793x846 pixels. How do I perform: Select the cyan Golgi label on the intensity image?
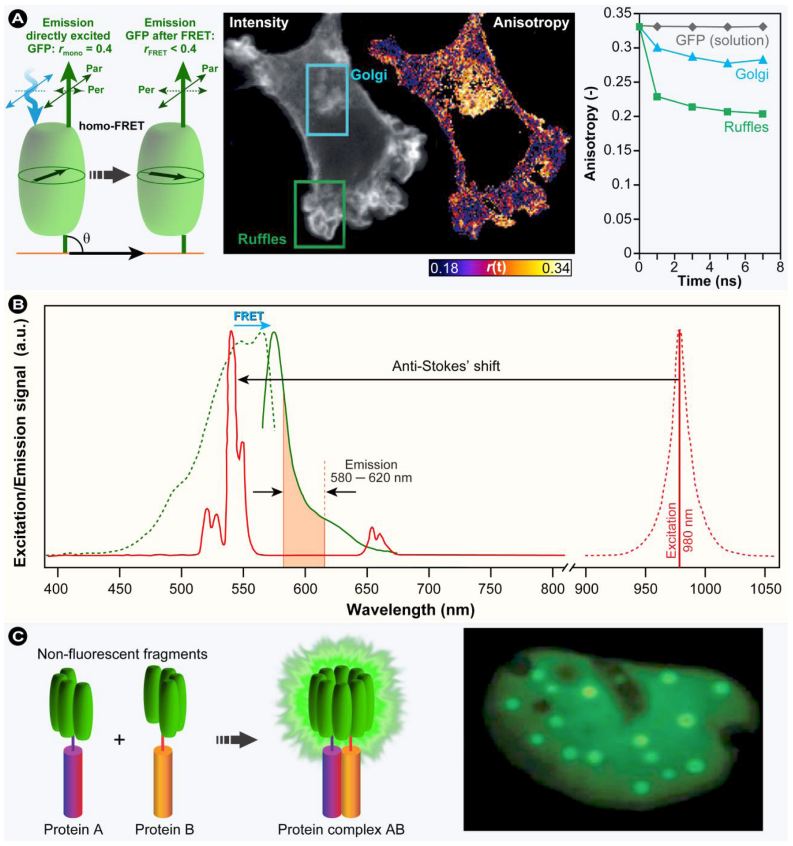coord(369,75)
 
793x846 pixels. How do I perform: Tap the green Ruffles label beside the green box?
coord(262,239)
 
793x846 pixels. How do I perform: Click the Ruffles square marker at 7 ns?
coord(762,113)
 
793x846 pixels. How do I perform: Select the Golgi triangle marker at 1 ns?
coord(657,48)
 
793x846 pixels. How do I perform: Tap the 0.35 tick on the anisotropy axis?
coord(618,14)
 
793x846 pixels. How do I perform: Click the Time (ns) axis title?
coord(709,281)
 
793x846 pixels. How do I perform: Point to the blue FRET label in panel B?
coord(249,316)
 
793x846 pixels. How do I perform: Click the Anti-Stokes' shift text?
coord(446,366)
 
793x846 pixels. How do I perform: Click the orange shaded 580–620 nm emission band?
coord(304,528)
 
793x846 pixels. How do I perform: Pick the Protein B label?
coord(165,829)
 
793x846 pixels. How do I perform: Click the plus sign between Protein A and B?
coord(119,740)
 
